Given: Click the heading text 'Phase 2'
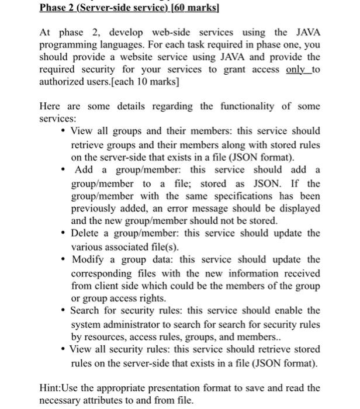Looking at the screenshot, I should click(59, 8).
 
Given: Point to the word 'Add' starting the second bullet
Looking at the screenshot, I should click(85, 170).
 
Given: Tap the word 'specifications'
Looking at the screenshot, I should click(241, 196).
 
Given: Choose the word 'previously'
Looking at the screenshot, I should click(95, 209).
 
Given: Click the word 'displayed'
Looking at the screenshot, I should click(298, 209).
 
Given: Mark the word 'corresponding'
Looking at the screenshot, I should click(106, 273).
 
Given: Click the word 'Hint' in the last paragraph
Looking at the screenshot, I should click(50, 388).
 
